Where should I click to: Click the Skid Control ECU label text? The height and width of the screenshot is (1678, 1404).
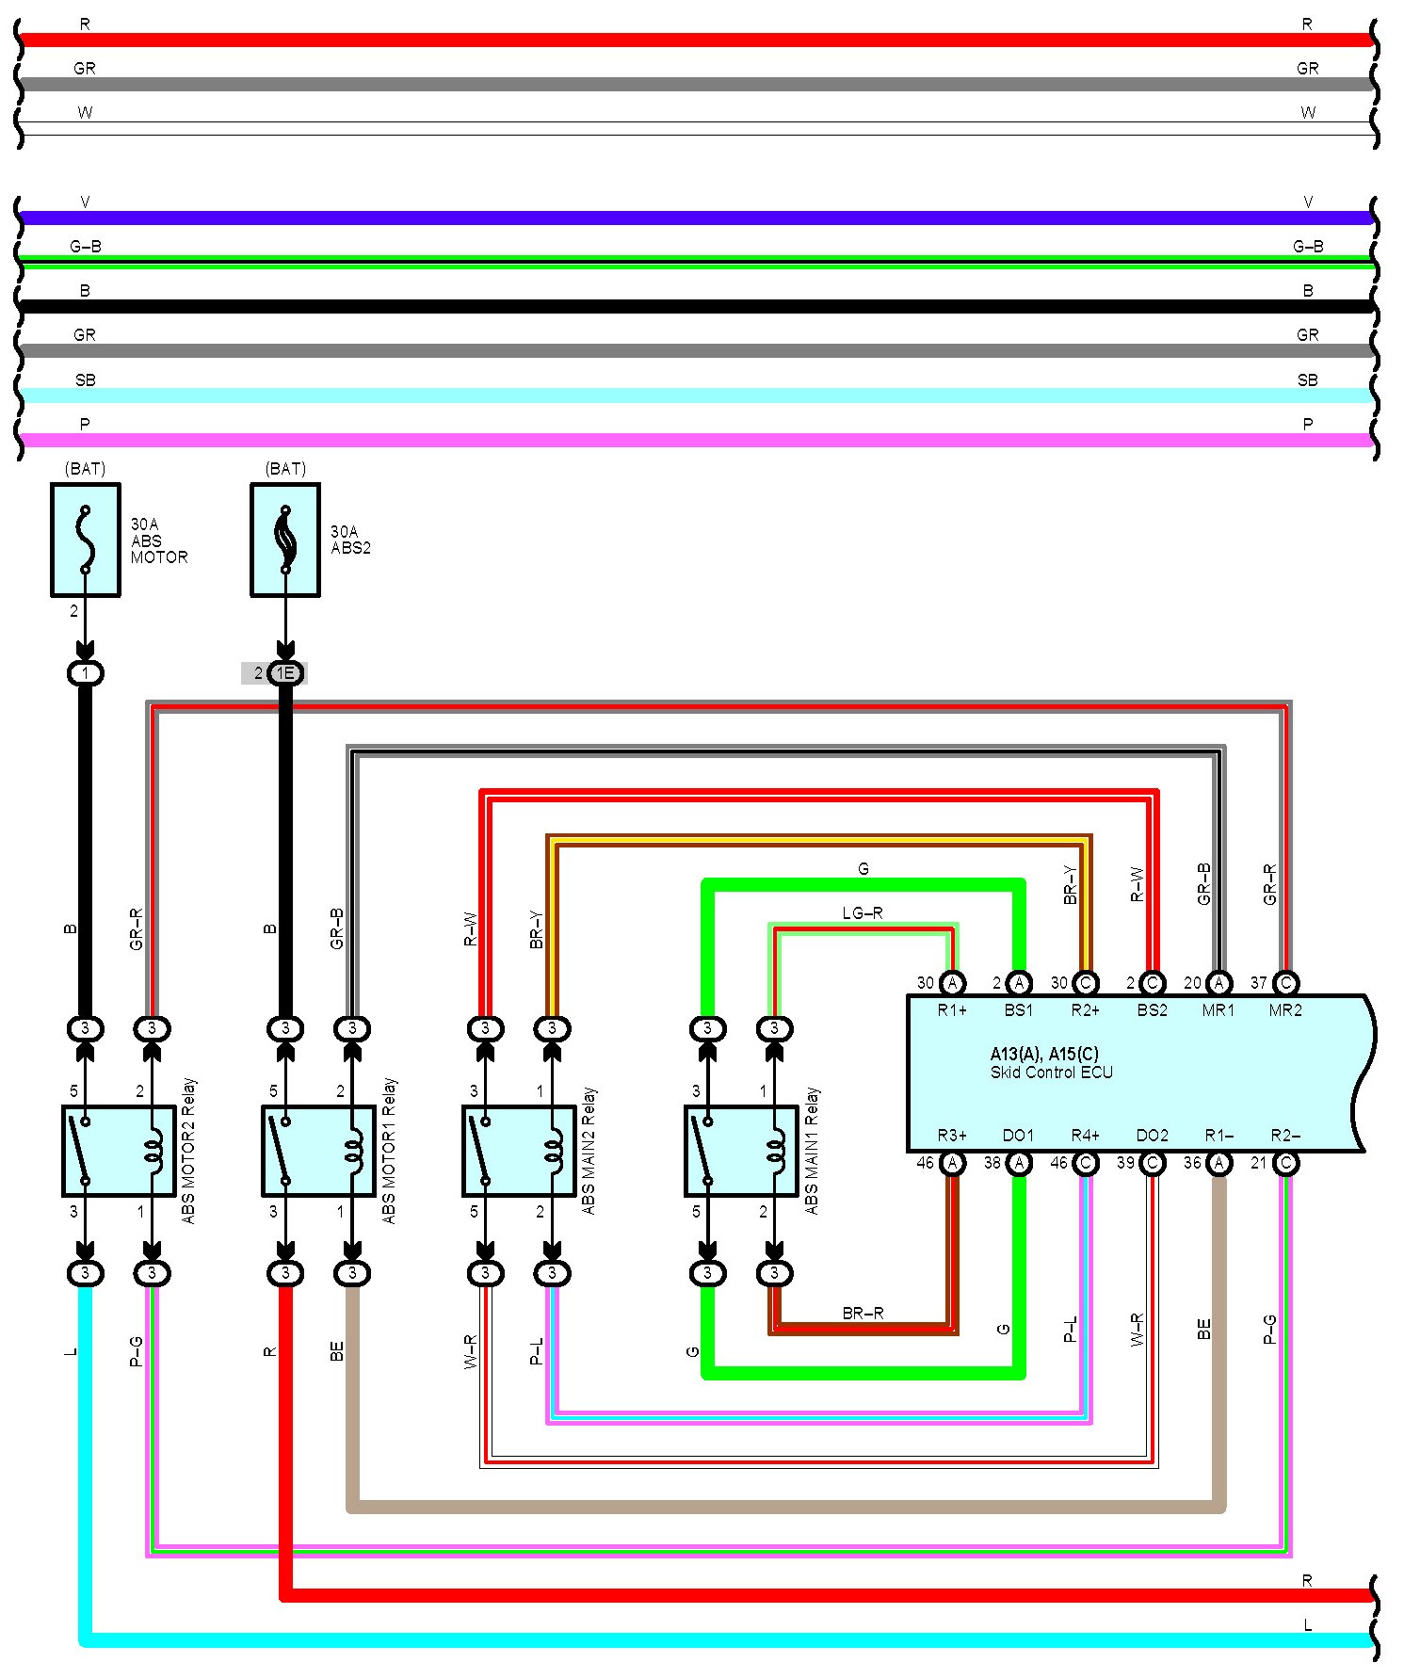(1051, 1073)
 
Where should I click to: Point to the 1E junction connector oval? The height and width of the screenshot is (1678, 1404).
(285, 673)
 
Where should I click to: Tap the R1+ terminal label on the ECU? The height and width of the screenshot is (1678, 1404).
(952, 1010)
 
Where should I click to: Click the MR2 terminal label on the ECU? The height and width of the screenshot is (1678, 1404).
(1285, 1010)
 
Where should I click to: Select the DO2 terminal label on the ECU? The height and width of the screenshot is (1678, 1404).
(1152, 1136)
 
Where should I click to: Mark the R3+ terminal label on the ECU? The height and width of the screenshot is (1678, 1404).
(952, 1136)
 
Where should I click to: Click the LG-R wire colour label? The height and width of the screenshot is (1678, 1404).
(863, 913)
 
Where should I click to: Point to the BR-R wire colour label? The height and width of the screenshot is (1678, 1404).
(863, 1313)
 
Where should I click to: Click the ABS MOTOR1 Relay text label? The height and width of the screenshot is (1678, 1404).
(389, 1151)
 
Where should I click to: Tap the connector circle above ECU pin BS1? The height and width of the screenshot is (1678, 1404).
(1019, 983)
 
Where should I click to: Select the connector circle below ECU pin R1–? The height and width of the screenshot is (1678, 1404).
(1218, 1163)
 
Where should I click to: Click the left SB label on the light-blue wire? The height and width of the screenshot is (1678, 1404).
(85, 380)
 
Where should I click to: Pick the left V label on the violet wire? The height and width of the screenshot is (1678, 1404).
(85, 202)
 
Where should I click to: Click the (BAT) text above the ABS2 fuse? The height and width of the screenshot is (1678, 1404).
(285, 468)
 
